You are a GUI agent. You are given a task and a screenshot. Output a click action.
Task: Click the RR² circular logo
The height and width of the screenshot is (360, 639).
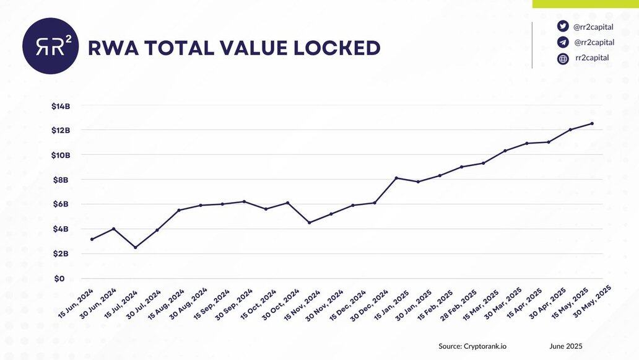[50, 46]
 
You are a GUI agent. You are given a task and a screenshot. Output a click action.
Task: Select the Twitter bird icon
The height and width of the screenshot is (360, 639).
[563, 26]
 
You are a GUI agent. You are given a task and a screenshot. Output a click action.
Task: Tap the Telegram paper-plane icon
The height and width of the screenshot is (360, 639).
[563, 42]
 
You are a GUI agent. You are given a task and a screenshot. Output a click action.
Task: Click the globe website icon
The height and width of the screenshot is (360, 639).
[563, 59]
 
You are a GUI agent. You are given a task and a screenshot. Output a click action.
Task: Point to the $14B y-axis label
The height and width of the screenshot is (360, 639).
[61, 106]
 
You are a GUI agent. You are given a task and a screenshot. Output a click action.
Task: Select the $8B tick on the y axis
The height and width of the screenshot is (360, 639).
[61, 180]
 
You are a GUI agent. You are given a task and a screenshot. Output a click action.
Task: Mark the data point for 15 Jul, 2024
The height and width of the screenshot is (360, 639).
[135, 247]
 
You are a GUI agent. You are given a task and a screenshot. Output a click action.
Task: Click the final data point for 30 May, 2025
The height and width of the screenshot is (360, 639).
[592, 123]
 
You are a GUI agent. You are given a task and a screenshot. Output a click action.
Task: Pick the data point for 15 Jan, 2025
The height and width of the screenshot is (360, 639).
[396, 178]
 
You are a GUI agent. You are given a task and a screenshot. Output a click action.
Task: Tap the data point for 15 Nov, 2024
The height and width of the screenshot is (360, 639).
[310, 222]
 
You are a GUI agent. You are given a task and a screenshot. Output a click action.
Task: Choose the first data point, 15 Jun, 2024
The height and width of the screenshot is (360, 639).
[92, 239]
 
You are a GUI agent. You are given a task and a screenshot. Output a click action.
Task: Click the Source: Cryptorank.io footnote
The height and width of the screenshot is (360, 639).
[472, 346]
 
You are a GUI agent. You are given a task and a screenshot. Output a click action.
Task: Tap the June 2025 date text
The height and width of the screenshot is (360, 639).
[566, 346]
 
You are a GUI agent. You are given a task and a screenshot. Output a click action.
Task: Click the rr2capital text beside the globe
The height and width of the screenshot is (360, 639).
[592, 58]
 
